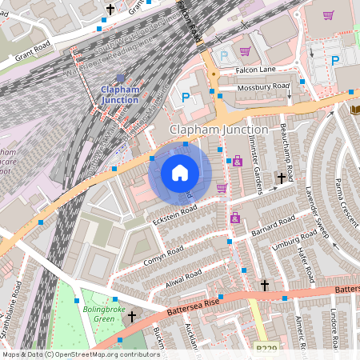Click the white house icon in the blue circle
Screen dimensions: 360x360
(x=180, y=173)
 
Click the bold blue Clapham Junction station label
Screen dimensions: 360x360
(x=119, y=94)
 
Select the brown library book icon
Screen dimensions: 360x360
(x=355, y=109)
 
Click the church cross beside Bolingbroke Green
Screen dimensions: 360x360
(x=133, y=317)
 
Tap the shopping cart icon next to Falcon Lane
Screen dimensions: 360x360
(x=245, y=51)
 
